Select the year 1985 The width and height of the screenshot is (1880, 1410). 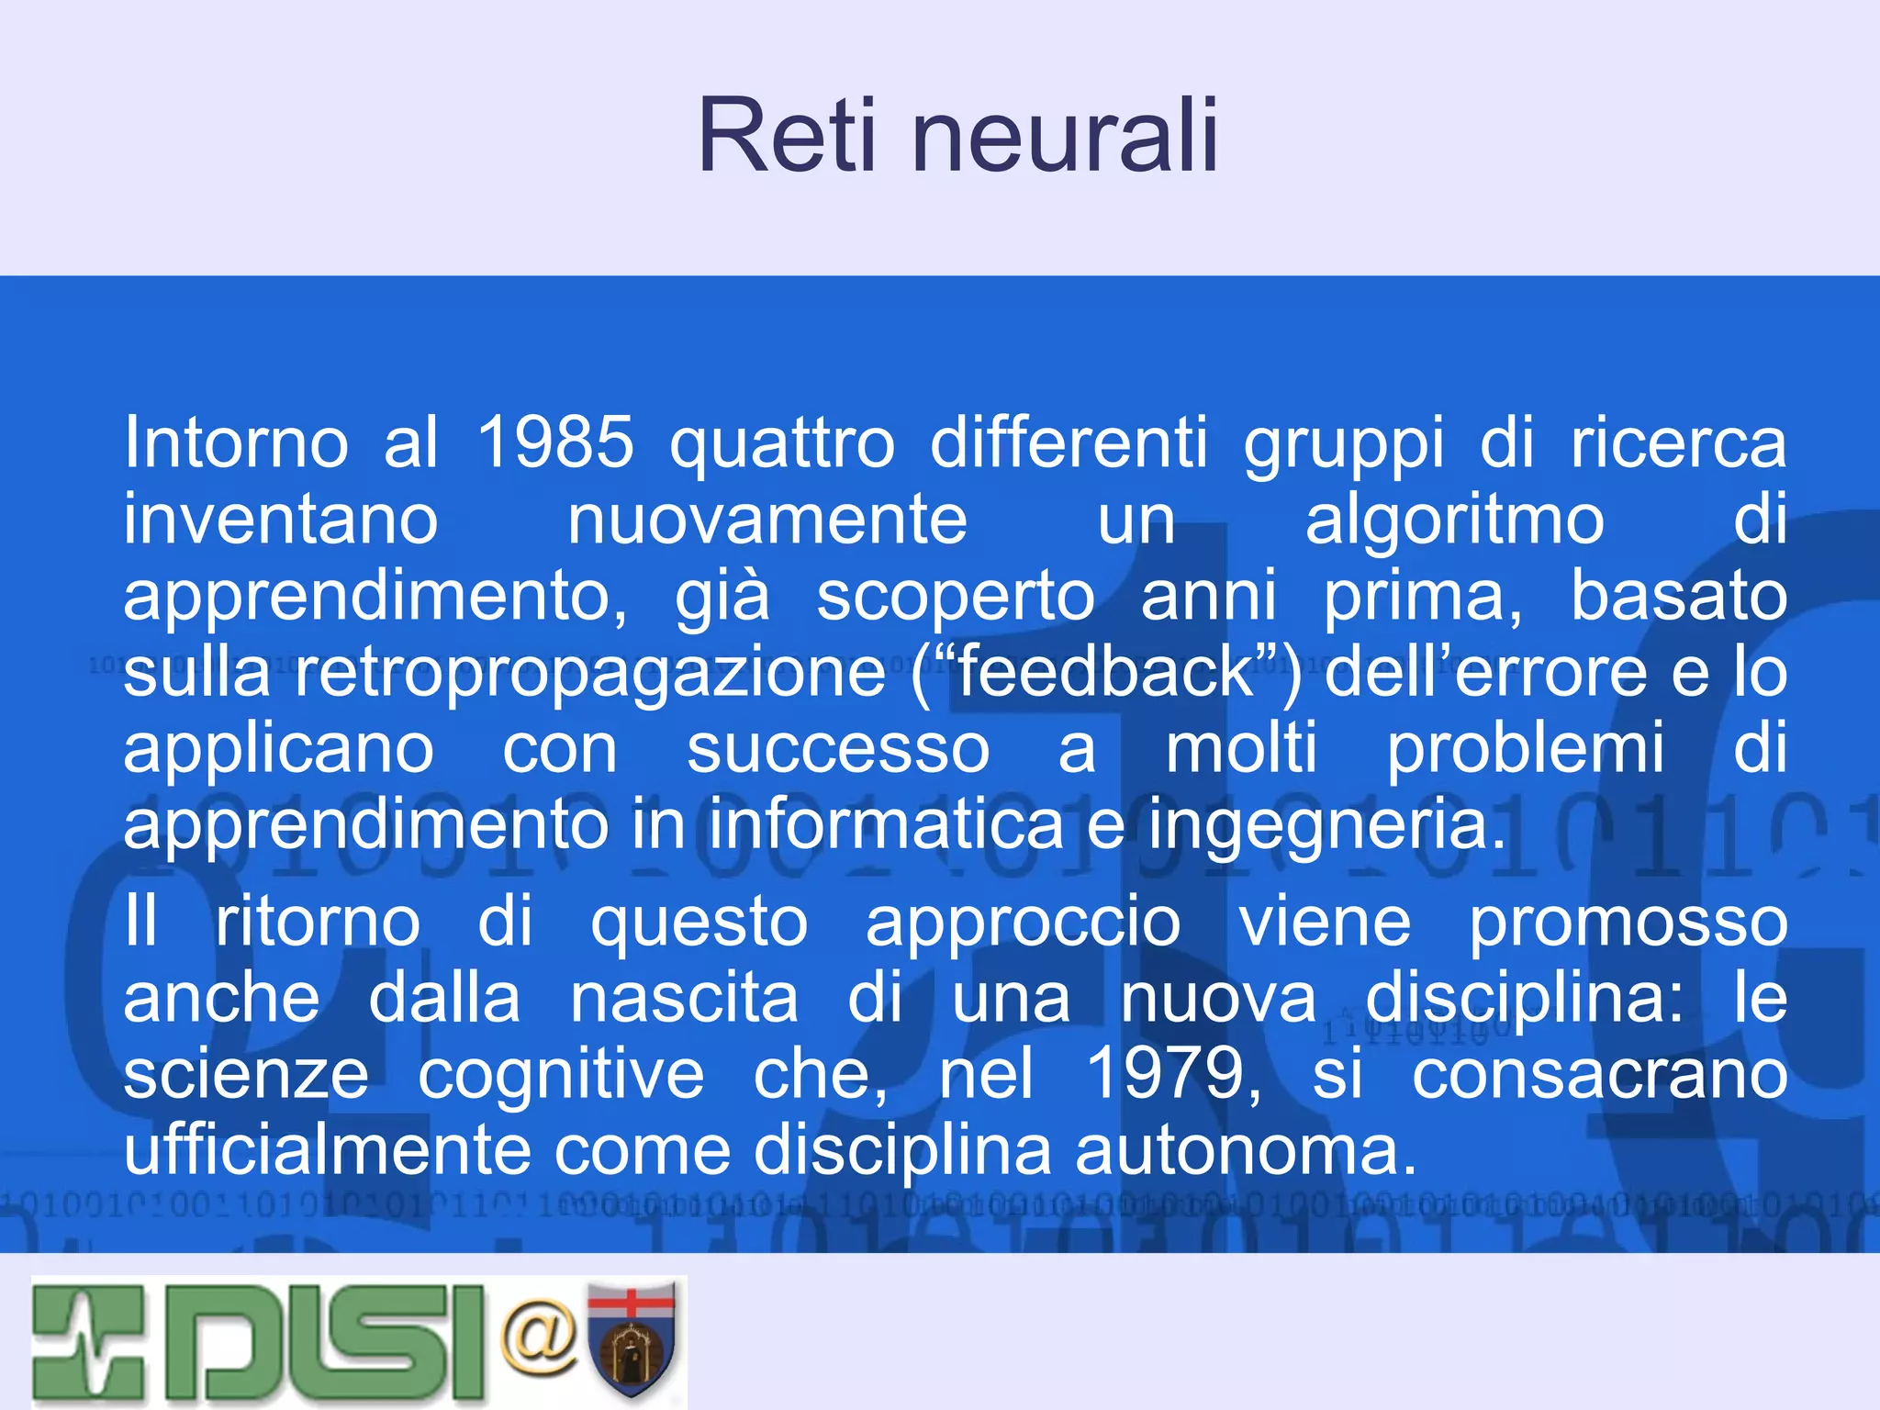[x=555, y=442]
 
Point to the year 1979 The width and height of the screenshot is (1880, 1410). [x=1172, y=1073]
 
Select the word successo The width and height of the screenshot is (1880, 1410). [x=838, y=749]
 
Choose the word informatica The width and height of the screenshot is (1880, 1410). [x=886, y=824]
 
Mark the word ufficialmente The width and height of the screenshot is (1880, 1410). [x=328, y=1150]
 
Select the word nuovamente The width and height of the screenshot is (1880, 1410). [x=767, y=520]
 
